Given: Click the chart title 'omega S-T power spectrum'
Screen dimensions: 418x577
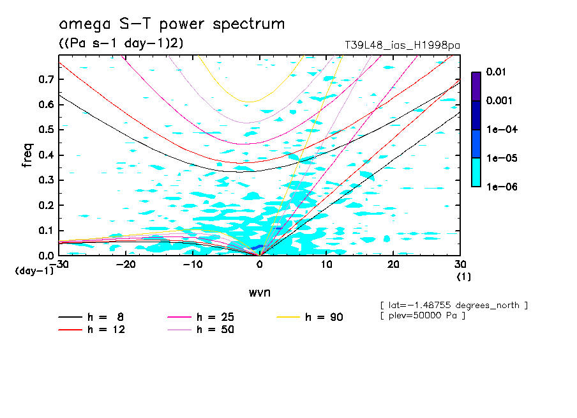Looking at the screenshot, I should pos(172,25).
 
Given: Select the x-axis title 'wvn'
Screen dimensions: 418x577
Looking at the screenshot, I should pos(259,292).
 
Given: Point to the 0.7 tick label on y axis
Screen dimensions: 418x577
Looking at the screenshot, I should pos(46,79).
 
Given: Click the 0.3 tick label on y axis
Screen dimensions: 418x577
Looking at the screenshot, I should pos(46,180).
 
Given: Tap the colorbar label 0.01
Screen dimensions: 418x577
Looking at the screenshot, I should pos(496,72).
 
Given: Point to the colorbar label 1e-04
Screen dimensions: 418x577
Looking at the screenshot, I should pos(500,130).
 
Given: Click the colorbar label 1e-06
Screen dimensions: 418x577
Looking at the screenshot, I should pos(500,187).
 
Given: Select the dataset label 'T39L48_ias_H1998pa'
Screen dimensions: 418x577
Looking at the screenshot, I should pos(402,45).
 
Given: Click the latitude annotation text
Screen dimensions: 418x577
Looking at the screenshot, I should pos(454,305).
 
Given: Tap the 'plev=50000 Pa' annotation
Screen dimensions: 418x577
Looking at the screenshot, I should pos(423,316).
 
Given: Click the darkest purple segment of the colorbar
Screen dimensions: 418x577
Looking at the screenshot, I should pos(476,86).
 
